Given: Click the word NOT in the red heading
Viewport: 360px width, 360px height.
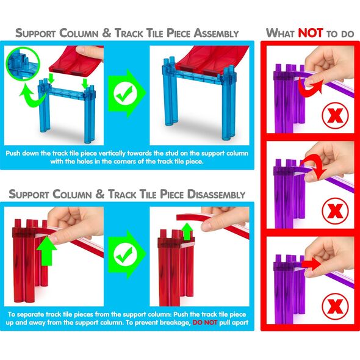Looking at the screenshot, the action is (x=311, y=33).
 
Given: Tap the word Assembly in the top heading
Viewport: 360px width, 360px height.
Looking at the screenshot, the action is (x=216, y=34).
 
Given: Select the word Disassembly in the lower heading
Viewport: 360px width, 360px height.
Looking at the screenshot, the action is (x=216, y=195).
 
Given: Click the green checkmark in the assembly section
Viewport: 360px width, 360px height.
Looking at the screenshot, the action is (x=125, y=94).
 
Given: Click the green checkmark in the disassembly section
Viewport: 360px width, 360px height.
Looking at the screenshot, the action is (x=125, y=254).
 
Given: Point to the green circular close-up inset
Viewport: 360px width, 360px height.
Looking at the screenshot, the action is (x=23, y=63).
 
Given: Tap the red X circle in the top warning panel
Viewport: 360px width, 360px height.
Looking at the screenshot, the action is (x=335, y=115).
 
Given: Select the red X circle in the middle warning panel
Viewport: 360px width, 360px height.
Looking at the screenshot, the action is (x=335, y=211).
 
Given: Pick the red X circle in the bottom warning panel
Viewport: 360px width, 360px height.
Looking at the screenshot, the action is (x=335, y=306).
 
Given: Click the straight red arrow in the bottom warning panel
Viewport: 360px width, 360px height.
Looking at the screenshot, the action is (x=312, y=264).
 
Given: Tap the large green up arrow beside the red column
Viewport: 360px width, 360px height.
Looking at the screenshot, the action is (x=46, y=251).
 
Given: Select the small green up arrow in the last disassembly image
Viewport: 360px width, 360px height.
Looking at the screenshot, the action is (x=187, y=231).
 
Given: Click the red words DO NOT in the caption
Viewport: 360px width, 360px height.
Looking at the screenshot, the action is (x=205, y=323).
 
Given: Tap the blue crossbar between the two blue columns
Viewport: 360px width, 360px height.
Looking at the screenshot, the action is (x=67, y=92).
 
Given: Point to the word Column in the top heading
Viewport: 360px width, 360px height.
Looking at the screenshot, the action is (x=79, y=34).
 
